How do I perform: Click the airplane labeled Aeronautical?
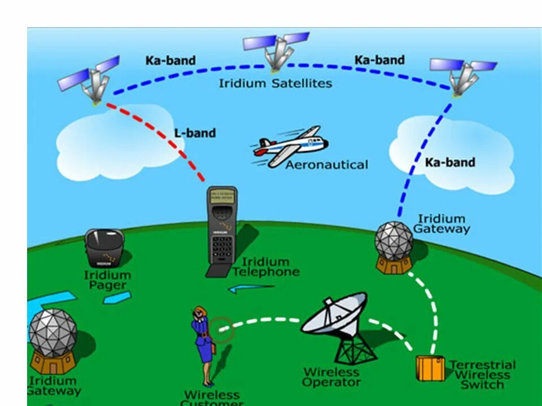coord(291,145)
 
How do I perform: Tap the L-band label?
coord(195,134)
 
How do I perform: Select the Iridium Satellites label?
coord(276,83)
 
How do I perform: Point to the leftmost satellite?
coord(90,79)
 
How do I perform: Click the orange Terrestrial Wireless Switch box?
coord(430,368)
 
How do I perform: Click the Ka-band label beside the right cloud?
coord(450,162)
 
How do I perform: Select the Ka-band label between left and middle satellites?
coord(171,60)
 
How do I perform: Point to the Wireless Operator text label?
coord(331,377)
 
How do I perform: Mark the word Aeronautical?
coord(326,165)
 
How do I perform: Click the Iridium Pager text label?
coord(107,280)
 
